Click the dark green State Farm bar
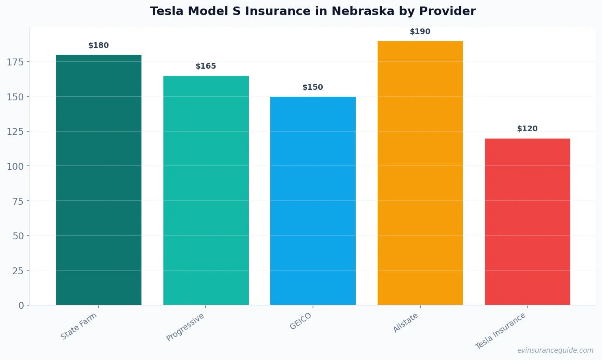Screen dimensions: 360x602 click(99, 180)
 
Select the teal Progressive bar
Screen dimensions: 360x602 click(206, 190)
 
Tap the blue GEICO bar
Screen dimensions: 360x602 click(313, 201)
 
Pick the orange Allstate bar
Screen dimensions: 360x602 click(420, 173)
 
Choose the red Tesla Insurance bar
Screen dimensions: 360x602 click(527, 221)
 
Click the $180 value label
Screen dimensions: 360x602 click(99, 46)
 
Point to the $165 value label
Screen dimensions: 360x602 click(206, 66)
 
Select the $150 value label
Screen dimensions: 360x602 click(313, 87)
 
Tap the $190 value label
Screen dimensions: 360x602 click(420, 32)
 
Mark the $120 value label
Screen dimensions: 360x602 click(527, 129)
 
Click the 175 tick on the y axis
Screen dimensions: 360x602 click(15, 62)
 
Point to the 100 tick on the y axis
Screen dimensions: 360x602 click(15, 166)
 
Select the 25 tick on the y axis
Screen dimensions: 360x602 click(18, 271)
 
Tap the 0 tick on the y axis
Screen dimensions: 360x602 click(21, 306)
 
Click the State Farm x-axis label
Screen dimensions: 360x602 click(79, 326)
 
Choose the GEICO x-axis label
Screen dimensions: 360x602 click(301, 321)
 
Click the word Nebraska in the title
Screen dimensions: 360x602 click(363, 11)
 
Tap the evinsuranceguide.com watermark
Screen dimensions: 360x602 click(555, 350)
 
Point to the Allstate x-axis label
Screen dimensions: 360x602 click(406, 323)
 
